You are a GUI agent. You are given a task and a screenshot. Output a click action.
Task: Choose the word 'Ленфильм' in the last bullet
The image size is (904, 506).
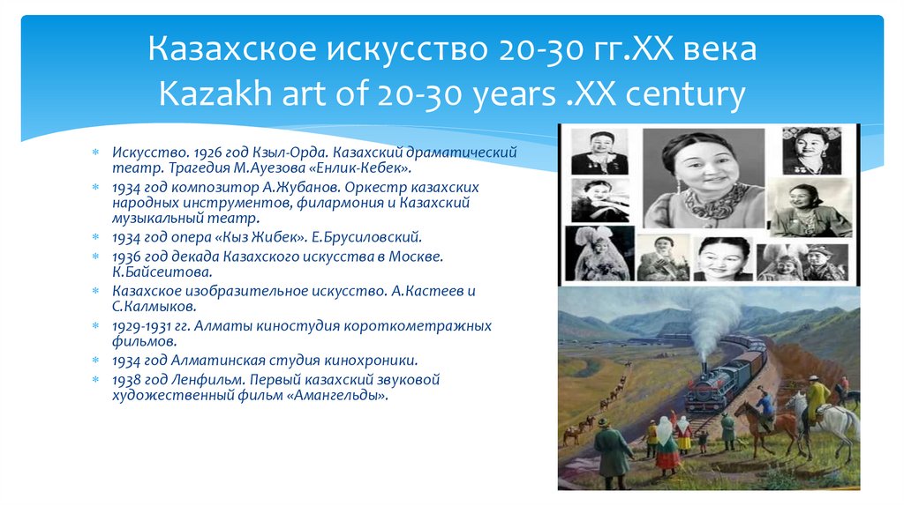click(x=204, y=380)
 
